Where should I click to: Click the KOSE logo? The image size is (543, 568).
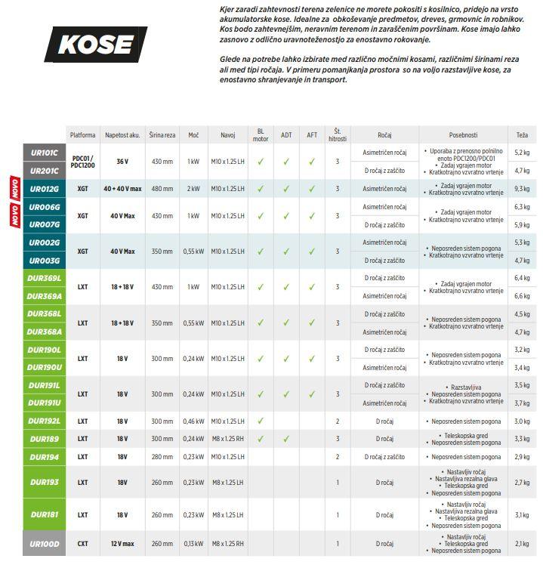pyautogui.click(x=95, y=44)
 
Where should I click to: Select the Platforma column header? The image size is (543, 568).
pyautogui.click(x=82, y=135)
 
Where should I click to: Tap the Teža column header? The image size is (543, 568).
pyautogui.click(x=522, y=135)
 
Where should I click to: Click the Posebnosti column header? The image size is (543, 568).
pyautogui.click(x=463, y=135)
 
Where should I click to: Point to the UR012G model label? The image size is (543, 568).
pyautogui.click(x=44, y=189)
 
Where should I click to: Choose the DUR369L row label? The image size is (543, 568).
pyautogui.click(x=44, y=279)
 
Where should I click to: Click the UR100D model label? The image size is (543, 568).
pyautogui.click(x=44, y=543)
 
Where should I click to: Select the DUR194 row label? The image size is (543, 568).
pyautogui.click(x=44, y=457)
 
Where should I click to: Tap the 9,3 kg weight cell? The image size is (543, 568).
pyautogui.click(x=522, y=189)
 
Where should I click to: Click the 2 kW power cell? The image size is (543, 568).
pyautogui.click(x=193, y=189)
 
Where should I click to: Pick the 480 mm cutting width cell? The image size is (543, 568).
pyautogui.click(x=162, y=189)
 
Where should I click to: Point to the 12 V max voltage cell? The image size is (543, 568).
pyautogui.click(x=122, y=543)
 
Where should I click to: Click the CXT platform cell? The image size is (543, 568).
pyautogui.click(x=82, y=543)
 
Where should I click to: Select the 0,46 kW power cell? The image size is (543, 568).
pyautogui.click(x=193, y=421)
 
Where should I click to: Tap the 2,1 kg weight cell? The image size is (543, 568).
pyautogui.click(x=522, y=543)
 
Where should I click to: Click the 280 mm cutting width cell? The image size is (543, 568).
pyautogui.click(x=162, y=457)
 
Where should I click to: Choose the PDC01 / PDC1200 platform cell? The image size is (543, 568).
pyautogui.click(x=82, y=162)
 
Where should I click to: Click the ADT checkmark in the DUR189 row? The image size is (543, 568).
pyautogui.click(x=286, y=439)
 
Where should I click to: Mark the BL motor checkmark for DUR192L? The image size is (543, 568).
pyautogui.click(x=261, y=421)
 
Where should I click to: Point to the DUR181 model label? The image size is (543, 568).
pyautogui.click(x=44, y=515)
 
